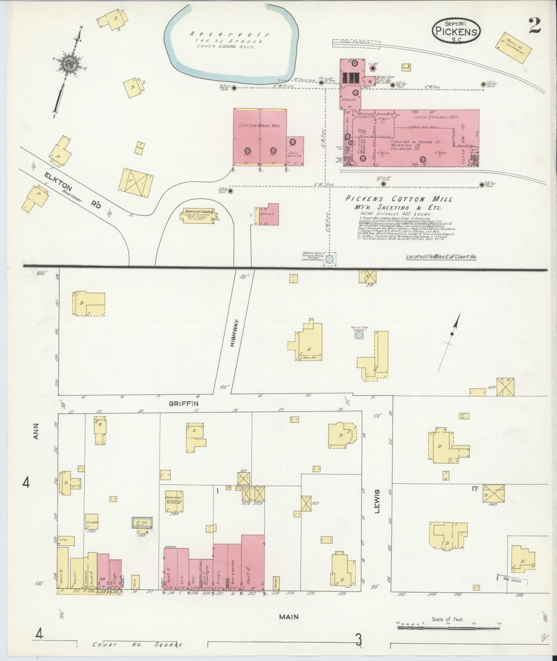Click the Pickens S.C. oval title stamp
(x=456, y=31)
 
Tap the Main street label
(x=289, y=617)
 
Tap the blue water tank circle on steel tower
(x=330, y=258)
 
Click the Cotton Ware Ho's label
(x=260, y=126)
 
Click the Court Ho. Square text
(x=137, y=645)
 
